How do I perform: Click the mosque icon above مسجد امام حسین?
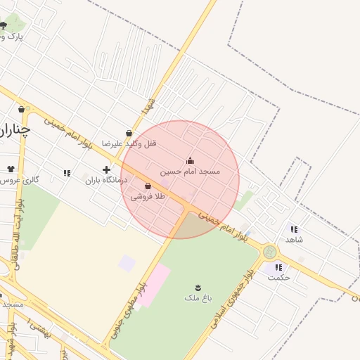point(190,160)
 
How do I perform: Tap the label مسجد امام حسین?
point(190,171)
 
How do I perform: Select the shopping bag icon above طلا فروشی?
point(148,186)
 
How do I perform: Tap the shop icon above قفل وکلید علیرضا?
point(129,133)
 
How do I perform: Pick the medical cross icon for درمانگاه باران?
point(106,169)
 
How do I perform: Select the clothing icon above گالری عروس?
point(11,169)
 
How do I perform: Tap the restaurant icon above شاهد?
point(293,229)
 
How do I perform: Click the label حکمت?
point(279,277)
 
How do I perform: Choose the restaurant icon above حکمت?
point(279,267)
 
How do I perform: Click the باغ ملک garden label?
point(198,298)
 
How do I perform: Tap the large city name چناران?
point(14,129)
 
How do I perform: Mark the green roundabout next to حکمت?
point(269,252)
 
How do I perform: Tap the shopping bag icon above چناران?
point(22,110)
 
